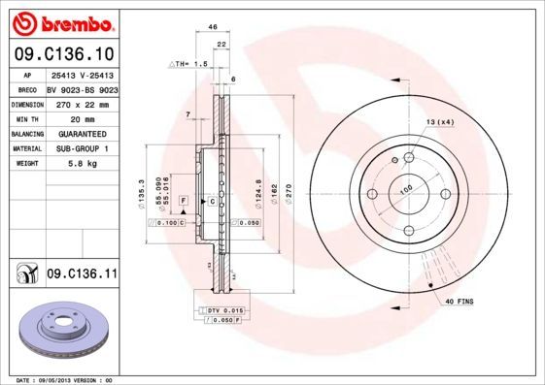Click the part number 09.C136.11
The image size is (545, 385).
[82, 274]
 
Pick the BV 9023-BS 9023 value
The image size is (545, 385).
[82, 88]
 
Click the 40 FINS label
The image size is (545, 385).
[459, 303]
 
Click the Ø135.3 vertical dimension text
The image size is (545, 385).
[143, 192]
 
